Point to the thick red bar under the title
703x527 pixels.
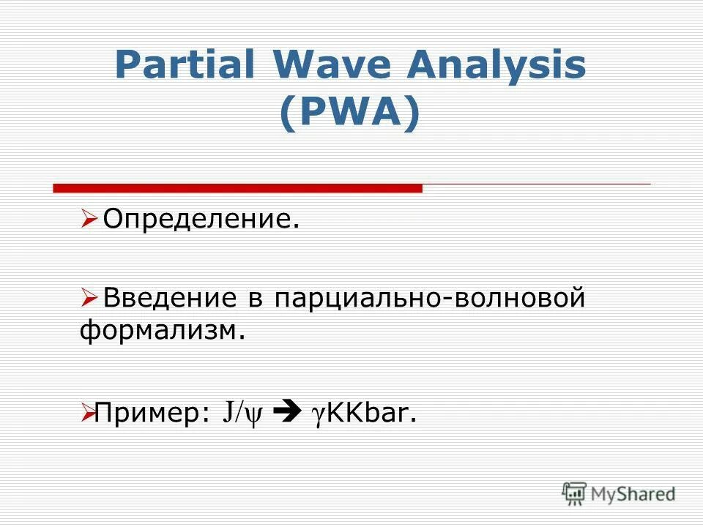(238, 188)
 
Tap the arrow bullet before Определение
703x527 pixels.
(89, 217)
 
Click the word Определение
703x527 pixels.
(201, 218)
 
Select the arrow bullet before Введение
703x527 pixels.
(89, 299)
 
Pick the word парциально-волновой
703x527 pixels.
(430, 299)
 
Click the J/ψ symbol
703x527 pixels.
(242, 414)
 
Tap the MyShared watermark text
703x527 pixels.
(633, 494)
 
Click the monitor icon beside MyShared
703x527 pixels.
(574, 493)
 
